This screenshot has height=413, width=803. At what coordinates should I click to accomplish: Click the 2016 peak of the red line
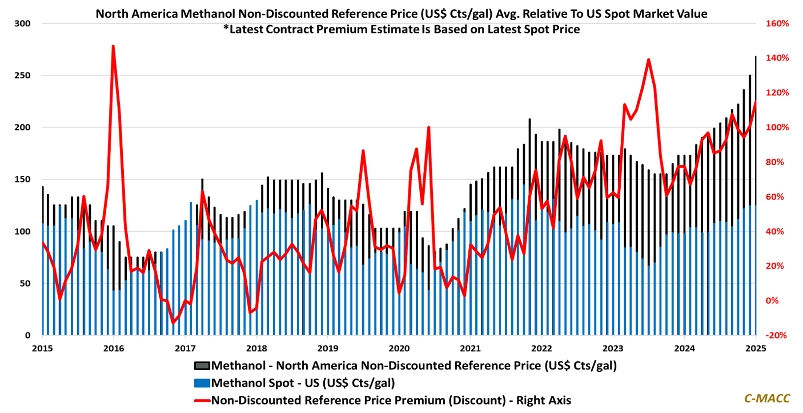(x=113, y=46)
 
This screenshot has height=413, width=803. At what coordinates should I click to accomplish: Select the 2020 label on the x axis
(x=399, y=349)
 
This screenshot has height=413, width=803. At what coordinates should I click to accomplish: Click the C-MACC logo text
(x=767, y=398)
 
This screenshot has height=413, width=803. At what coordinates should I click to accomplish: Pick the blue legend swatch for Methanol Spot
(x=202, y=383)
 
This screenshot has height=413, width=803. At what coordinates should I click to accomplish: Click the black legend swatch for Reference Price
(x=202, y=366)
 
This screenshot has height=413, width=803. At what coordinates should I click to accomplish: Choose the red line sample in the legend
(x=202, y=400)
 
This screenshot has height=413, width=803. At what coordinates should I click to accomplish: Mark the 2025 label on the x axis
(x=755, y=349)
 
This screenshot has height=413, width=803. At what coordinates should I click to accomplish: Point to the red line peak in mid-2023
(x=649, y=60)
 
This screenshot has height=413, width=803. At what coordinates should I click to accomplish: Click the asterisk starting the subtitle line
(x=226, y=29)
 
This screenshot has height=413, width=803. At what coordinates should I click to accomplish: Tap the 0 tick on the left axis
(x=28, y=336)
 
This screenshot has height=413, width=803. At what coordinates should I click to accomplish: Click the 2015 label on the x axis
(x=42, y=349)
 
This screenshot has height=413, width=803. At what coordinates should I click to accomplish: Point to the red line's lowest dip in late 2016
(x=173, y=323)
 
